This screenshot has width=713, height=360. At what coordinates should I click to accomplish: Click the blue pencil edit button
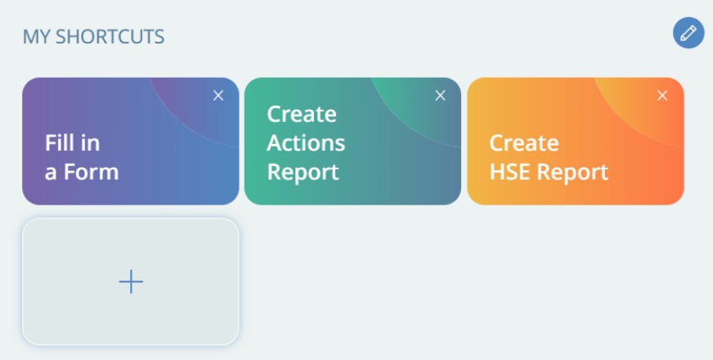point(688,33)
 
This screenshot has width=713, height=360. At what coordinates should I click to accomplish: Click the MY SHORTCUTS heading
point(94,37)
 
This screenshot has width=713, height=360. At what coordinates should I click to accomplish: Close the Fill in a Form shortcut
point(218,96)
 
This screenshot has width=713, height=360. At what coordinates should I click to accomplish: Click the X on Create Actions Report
point(440,96)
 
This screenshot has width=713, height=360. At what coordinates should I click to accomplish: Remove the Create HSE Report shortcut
point(662,96)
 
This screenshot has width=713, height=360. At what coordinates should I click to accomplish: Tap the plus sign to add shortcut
point(131,281)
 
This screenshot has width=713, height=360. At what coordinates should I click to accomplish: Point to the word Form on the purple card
point(91,172)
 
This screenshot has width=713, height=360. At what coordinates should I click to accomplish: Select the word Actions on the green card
point(306,143)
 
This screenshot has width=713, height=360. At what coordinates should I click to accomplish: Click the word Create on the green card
point(302,114)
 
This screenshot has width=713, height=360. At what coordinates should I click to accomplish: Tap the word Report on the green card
point(303,173)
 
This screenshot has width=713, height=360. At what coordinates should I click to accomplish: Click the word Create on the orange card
point(524,143)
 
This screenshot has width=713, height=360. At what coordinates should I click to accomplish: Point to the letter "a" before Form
point(51,173)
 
